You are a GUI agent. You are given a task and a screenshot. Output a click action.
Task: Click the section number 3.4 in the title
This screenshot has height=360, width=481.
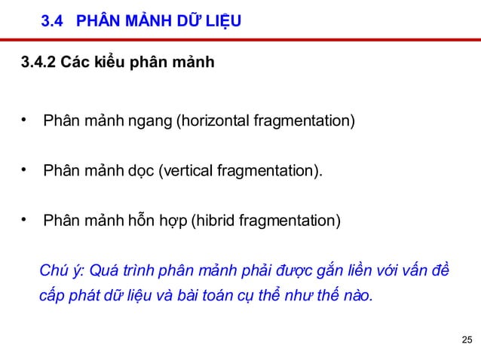(x=51, y=22)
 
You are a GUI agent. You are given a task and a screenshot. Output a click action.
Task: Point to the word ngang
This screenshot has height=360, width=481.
(x=151, y=121)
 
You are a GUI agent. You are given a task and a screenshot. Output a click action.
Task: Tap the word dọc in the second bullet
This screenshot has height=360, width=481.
(x=140, y=172)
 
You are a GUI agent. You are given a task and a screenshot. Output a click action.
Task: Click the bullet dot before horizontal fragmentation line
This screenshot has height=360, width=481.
(x=25, y=120)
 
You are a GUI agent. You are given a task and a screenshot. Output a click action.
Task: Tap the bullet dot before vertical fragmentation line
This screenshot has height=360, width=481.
(x=25, y=170)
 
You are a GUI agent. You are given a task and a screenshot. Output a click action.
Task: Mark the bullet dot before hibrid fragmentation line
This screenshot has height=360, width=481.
(x=25, y=221)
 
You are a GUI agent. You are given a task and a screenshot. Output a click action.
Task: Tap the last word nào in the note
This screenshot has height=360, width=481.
(x=354, y=295)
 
